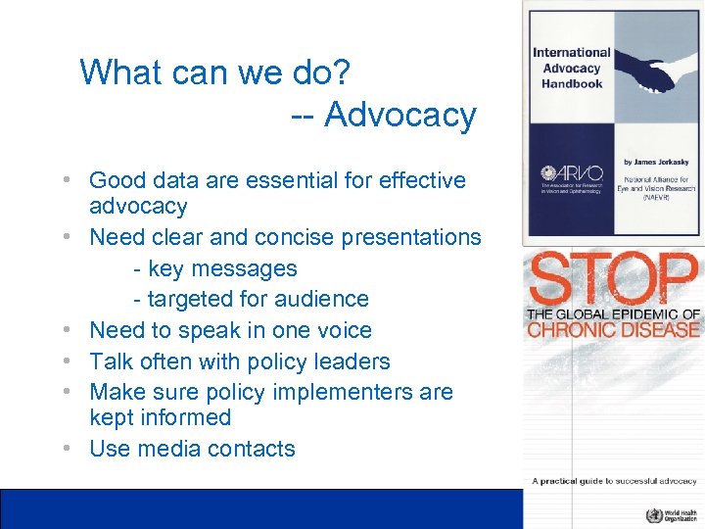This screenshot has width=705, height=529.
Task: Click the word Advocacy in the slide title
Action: tap(399, 116)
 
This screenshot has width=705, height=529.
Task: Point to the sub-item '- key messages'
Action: tap(214, 268)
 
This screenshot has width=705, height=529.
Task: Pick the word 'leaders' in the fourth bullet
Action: tap(350, 361)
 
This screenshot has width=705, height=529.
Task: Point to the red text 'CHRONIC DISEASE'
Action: tap(613, 329)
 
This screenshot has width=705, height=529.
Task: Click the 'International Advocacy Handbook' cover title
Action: tap(571, 68)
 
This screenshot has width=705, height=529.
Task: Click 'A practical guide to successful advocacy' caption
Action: tap(614, 481)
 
